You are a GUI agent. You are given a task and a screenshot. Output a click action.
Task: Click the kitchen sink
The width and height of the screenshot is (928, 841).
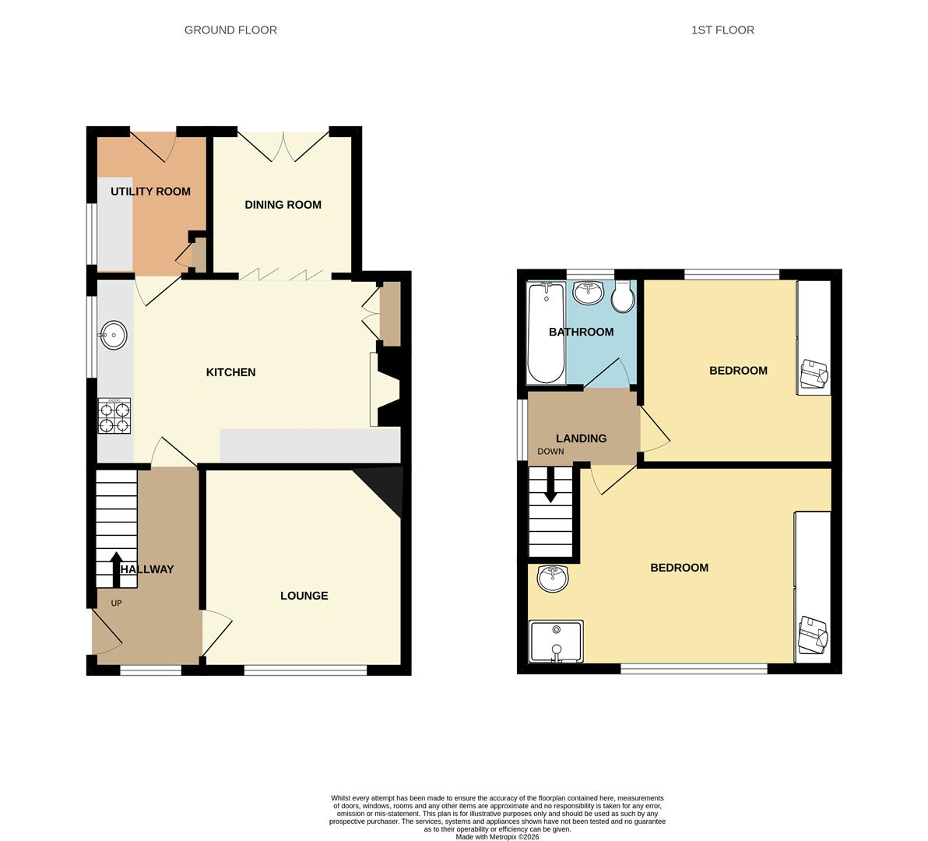tap(114, 335)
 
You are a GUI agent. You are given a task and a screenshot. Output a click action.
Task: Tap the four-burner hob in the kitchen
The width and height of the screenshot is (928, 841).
tap(114, 415)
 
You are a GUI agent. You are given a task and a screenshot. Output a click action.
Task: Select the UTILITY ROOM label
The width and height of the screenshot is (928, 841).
tap(150, 192)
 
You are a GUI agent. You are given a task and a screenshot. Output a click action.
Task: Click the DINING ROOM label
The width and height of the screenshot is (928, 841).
tap(283, 205)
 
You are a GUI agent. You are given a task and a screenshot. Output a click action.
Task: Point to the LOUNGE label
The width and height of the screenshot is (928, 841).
tap(304, 596)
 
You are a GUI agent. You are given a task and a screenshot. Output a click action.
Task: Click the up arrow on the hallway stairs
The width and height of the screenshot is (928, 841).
tap(116, 568)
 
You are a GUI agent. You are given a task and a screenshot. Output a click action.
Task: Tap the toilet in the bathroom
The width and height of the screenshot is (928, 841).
tap(622, 294)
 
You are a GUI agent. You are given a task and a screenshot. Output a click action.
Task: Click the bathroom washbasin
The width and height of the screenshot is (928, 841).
tap(588, 293)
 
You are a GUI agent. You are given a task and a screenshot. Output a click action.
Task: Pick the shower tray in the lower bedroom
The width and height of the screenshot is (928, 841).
tap(556, 642)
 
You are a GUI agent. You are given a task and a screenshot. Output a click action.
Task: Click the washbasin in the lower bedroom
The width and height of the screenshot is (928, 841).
tap(553, 578)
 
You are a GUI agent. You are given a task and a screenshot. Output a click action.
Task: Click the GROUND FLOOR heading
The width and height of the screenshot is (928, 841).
tap(230, 30)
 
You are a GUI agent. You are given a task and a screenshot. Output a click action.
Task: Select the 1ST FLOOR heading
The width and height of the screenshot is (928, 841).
tap(722, 30)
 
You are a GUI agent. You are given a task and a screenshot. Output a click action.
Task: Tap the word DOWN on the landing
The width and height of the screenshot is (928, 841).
tap(550, 452)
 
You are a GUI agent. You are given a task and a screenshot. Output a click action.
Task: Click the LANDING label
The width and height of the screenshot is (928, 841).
tap(581, 438)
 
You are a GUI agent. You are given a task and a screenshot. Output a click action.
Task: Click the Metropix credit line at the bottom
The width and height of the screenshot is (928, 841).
tap(497, 837)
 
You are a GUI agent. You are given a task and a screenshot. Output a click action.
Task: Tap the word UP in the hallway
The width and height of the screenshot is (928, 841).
tap(116, 603)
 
